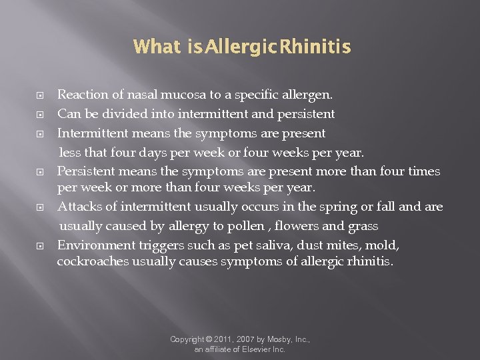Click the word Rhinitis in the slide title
pos(315,47)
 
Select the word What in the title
pos(157,47)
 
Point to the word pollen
pos(244,227)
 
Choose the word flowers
pos(295,227)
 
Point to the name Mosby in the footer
pos(278,339)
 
